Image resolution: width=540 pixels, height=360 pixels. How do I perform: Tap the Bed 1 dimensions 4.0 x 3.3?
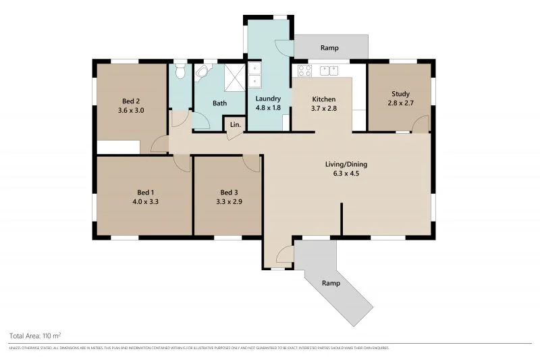[x=145, y=201]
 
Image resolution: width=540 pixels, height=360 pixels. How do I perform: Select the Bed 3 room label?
[x=229, y=191]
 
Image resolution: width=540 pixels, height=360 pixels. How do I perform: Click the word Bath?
[x=219, y=103]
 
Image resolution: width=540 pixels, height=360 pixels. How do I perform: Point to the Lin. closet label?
[x=235, y=125]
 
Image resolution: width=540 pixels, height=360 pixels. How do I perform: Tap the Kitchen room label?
[x=323, y=99]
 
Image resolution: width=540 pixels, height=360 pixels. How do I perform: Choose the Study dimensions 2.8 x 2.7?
[x=400, y=103]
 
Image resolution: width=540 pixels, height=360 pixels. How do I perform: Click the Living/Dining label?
[x=346, y=164]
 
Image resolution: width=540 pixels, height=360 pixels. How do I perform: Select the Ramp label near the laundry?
[x=329, y=48]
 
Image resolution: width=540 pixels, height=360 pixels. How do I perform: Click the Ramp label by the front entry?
[x=330, y=282]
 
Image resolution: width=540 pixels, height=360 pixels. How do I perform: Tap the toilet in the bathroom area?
[x=180, y=72]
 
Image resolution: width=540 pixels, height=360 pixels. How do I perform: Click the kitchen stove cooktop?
[x=304, y=71]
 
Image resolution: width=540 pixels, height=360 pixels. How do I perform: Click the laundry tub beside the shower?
[x=254, y=75]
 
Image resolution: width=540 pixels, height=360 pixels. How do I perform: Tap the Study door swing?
[x=421, y=124]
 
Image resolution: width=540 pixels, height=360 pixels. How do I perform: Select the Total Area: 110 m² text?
[x=35, y=335]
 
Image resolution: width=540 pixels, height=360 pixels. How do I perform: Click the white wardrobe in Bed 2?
[x=118, y=147]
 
